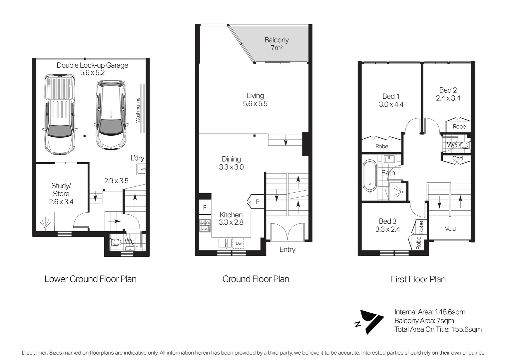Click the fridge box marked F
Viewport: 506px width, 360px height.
pos(205,207)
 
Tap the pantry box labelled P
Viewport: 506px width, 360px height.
pos(257,201)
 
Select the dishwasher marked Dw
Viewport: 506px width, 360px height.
pos(239,243)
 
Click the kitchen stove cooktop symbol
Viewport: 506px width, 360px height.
pos(205,225)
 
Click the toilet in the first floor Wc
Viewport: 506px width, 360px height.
pos(464,145)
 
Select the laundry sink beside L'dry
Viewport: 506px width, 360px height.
pos(141,169)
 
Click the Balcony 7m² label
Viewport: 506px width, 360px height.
pos(276,44)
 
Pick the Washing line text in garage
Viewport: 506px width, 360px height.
pos(138,110)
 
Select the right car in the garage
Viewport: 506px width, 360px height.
pos(111,114)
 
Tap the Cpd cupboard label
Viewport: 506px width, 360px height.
pos(457,158)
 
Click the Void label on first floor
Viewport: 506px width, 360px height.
pos(450,229)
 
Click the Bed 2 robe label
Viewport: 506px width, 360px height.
pos(459,126)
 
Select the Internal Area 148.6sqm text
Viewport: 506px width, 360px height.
pos(430,312)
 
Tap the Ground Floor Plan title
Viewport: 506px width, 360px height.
pos(255,279)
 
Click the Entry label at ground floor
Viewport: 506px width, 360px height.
pos(287,249)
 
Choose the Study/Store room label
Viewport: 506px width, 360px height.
pos(61,194)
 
